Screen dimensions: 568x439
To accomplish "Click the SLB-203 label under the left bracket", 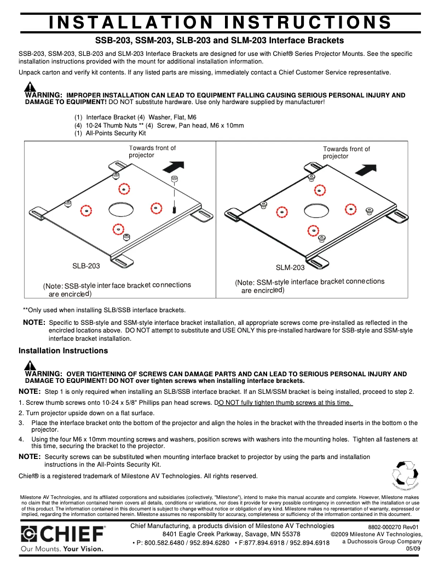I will pyautogui.click(x=86, y=266).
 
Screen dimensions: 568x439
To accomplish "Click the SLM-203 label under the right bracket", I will pyautogui.click(x=290, y=267).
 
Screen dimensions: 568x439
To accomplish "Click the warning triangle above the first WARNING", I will pyautogui.click(x=30, y=87).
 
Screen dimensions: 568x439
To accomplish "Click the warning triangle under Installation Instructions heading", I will pyautogui.click(x=30, y=366).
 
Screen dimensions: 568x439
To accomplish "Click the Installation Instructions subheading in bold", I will pyautogui.click(x=63, y=351).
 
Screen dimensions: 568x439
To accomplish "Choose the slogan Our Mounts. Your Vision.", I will pyautogui.click(x=62, y=548).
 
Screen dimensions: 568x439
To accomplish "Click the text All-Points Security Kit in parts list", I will pyautogui.click(x=116, y=133).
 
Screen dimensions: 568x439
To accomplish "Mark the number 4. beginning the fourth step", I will pyautogui.click(x=21, y=439).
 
